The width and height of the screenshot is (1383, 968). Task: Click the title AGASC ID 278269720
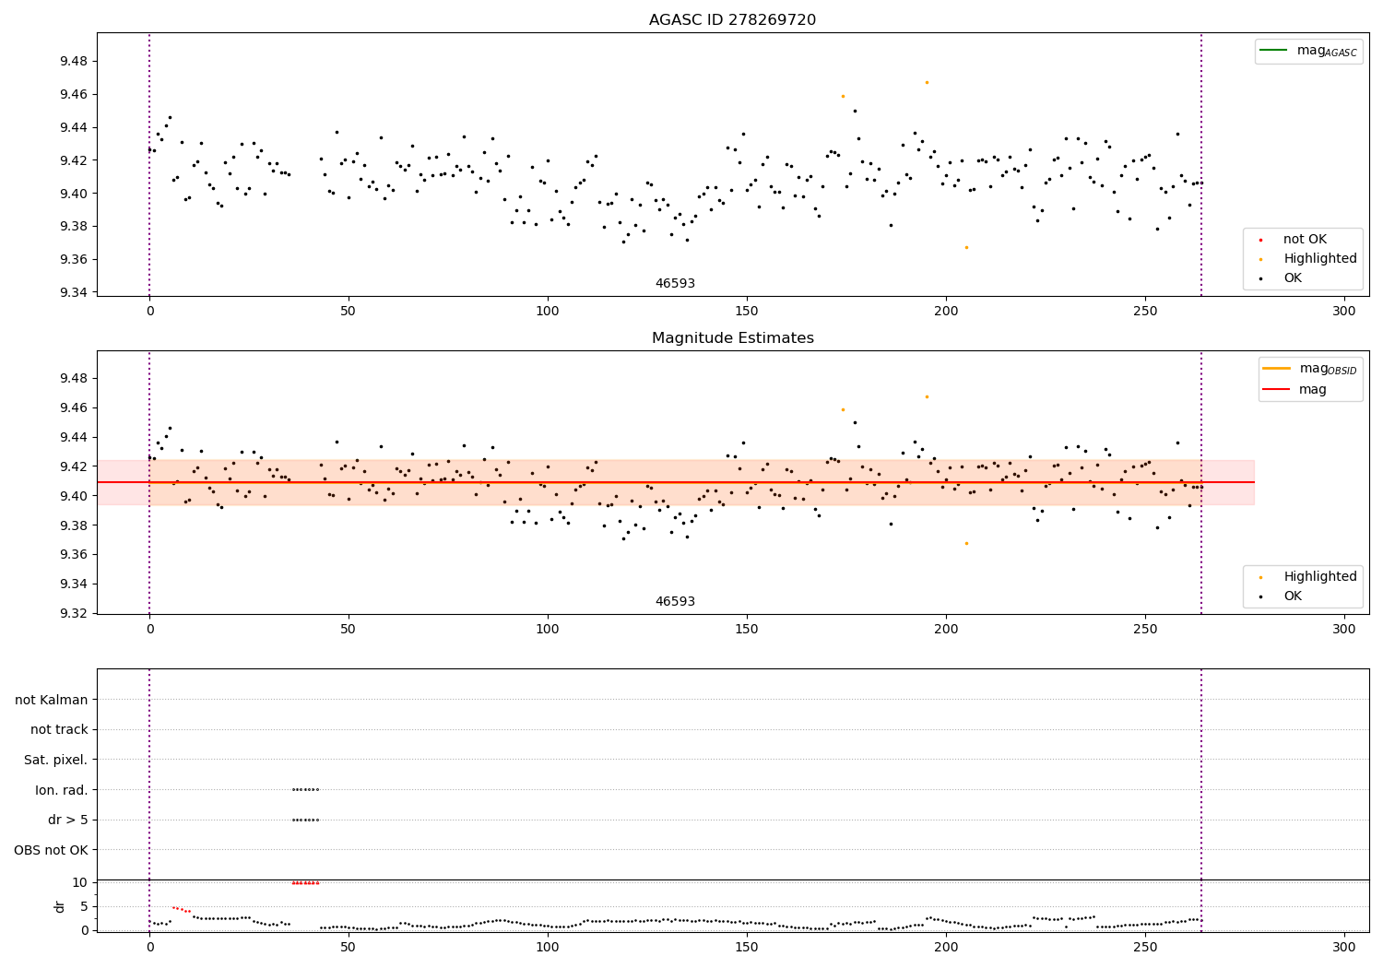click(x=732, y=20)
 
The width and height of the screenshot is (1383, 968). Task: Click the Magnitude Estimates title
click(x=732, y=338)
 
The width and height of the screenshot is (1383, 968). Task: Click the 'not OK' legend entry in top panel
click(x=1305, y=240)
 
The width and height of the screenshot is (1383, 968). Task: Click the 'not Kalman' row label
click(x=52, y=700)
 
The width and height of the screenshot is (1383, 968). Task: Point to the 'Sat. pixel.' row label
click(x=55, y=760)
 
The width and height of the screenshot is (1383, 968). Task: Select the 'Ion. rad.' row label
click(x=61, y=790)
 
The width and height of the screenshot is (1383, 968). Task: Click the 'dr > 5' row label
click(x=67, y=820)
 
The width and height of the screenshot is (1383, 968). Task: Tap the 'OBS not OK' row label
click(x=51, y=850)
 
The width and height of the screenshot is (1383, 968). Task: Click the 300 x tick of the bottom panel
click(x=1344, y=947)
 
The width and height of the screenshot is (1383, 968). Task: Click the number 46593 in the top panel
click(x=675, y=284)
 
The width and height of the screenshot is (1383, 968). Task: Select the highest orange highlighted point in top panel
click(x=927, y=82)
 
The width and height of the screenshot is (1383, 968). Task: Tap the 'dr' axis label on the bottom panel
click(x=60, y=906)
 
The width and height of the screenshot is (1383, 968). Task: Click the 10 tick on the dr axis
click(x=79, y=882)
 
